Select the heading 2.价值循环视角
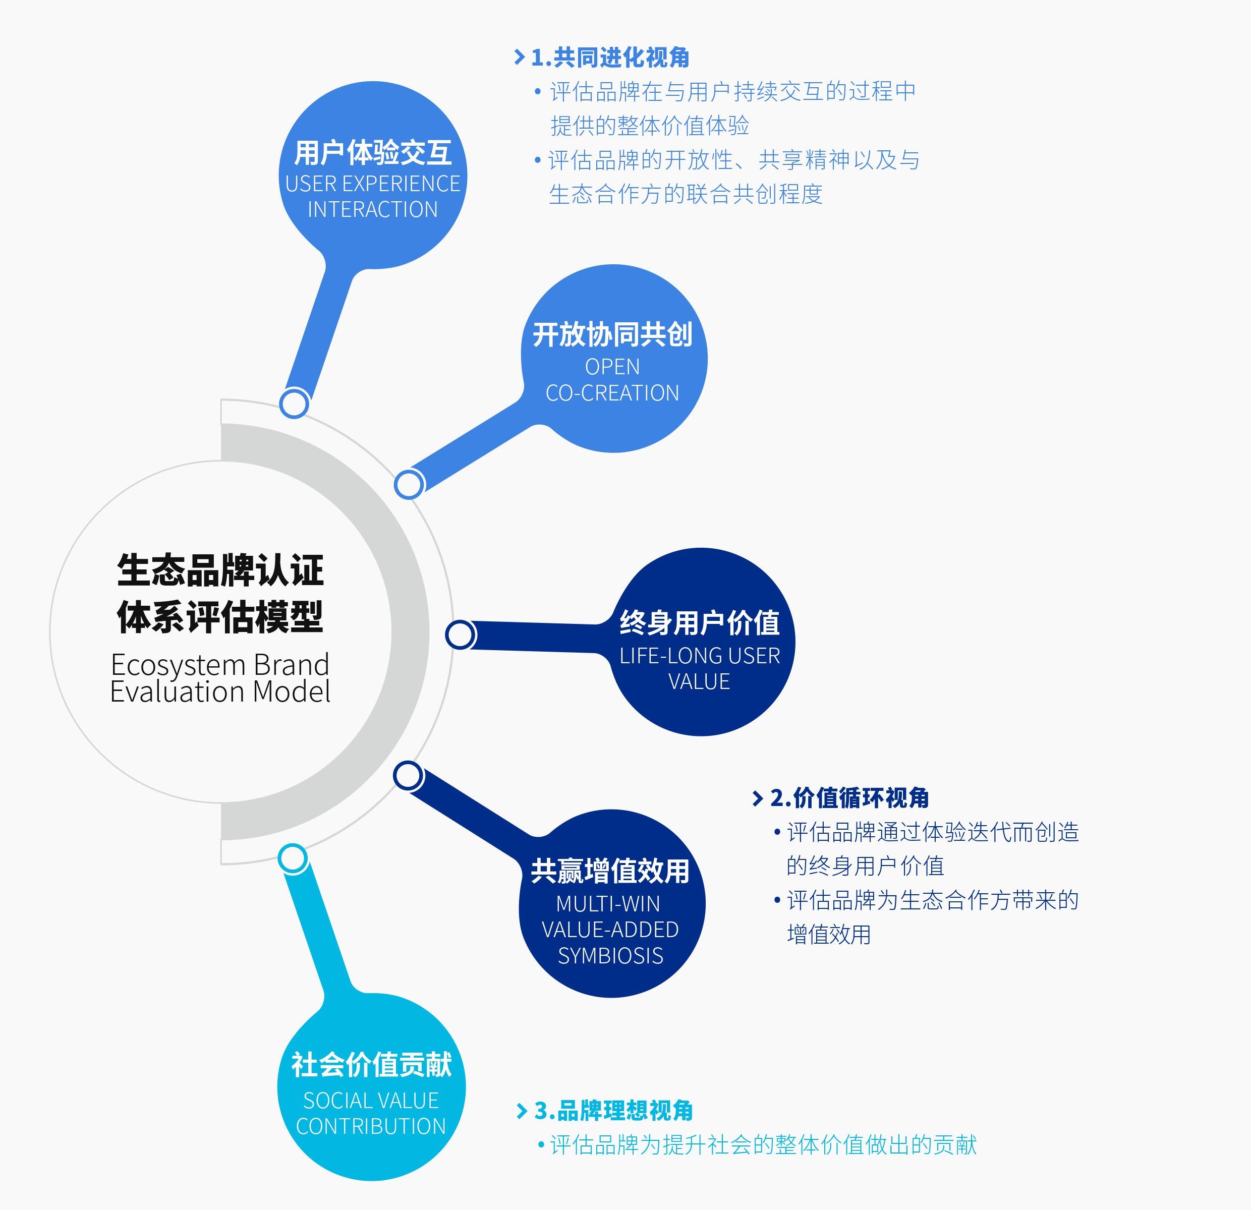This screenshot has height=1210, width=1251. [849, 798]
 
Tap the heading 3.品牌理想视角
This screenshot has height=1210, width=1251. [613, 1111]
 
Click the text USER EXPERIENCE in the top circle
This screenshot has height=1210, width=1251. [372, 184]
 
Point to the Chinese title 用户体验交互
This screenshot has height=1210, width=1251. [373, 152]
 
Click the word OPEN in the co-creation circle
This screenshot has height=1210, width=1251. [612, 367]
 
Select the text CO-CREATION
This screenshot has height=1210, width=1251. [612, 393]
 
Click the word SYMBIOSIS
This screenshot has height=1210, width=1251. [611, 955]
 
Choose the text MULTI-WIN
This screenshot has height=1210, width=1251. [608, 904]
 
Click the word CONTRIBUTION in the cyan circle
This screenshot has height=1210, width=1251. [371, 1126]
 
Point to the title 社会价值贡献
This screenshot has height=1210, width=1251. [371, 1065]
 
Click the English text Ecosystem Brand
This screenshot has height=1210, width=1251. [220, 665]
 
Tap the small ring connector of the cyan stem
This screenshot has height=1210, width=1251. [293, 859]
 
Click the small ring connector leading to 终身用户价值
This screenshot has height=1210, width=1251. [460, 635]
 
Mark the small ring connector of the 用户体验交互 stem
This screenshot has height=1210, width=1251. [294, 404]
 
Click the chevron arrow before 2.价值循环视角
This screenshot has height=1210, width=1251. [758, 798]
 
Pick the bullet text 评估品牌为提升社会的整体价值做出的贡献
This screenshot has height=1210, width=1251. [763, 1145]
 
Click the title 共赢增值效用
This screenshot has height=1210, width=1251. [610, 871]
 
